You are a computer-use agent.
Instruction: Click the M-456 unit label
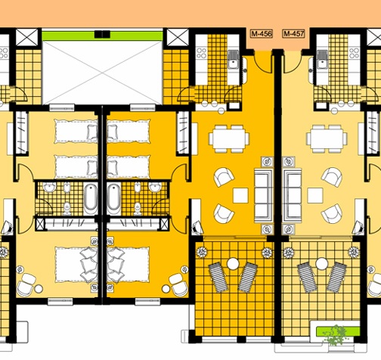click(262, 34)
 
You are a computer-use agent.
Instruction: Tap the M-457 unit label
click(294, 34)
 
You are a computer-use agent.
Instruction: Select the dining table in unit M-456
click(229, 138)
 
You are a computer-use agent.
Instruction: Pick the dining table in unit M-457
click(327, 138)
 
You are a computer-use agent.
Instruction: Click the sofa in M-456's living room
click(264, 195)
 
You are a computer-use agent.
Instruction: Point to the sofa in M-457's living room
click(292, 195)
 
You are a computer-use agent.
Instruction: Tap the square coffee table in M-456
click(240, 195)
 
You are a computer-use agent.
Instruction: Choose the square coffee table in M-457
click(315, 195)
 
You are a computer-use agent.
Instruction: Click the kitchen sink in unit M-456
click(234, 59)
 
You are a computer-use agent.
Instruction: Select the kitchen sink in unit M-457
click(322, 59)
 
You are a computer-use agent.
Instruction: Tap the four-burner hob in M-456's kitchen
click(202, 53)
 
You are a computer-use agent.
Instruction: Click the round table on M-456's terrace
click(233, 263)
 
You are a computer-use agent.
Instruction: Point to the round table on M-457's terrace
click(321, 263)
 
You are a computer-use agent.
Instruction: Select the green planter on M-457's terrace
click(338, 331)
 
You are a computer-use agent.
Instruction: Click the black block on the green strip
click(102, 34)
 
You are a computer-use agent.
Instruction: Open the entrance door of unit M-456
click(262, 63)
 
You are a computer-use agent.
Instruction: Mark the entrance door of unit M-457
click(292, 63)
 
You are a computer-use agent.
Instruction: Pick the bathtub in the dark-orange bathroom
click(114, 199)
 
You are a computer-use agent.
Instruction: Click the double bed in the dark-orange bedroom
click(128, 265)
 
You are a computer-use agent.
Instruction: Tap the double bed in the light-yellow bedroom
click(76, 265)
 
